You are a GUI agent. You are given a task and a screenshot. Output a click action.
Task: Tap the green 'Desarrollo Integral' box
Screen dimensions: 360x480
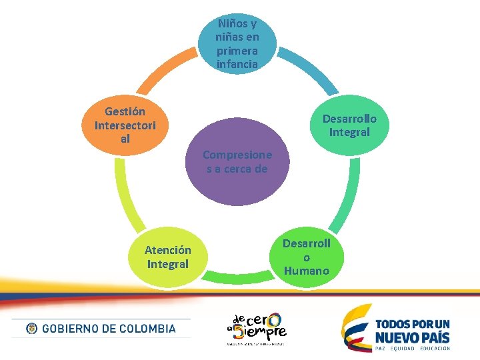pos(349,125)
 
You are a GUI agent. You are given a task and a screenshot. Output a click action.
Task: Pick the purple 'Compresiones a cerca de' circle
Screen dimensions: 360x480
pos(237,161)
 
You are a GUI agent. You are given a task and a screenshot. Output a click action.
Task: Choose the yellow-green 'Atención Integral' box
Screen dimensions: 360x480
pos(167,257)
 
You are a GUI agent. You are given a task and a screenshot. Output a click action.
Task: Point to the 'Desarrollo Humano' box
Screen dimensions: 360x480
pos(306,257)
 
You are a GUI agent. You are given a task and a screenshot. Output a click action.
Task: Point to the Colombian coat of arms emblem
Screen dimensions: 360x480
pos(31,329)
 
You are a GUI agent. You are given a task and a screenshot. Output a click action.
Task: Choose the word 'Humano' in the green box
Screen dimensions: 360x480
pos(306,271)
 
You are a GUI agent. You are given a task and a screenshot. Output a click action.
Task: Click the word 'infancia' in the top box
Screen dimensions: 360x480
pos(237,65)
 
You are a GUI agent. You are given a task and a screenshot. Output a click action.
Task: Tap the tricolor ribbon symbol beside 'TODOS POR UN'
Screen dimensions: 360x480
pos(356,327)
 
